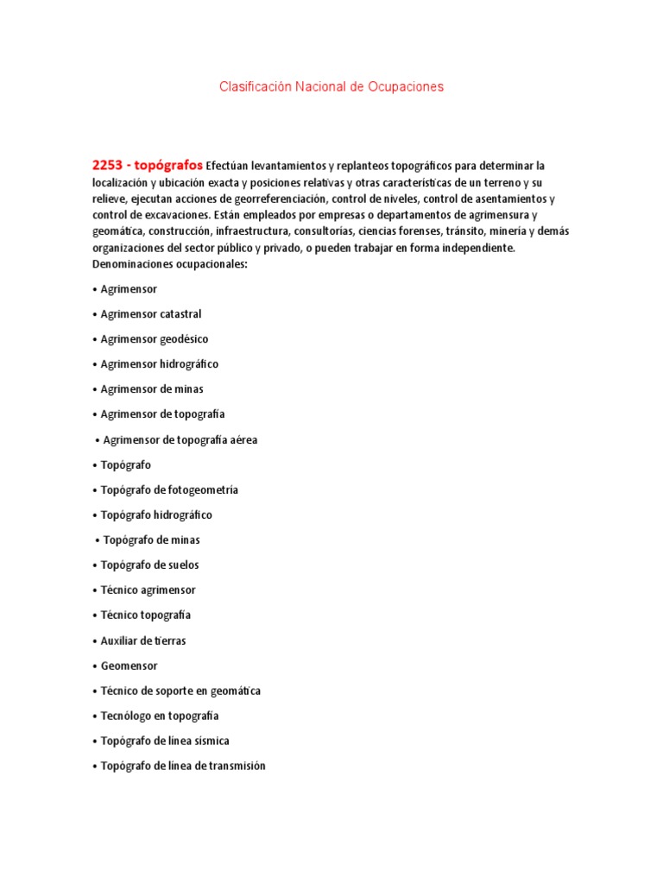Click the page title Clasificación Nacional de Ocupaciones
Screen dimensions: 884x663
coord(331,87)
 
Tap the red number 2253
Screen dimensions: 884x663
coord(110,165)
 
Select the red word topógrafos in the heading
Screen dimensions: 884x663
coord(171,165)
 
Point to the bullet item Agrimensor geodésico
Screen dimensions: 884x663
coord(154,339)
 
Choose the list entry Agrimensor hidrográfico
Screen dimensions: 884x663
coord(159,364)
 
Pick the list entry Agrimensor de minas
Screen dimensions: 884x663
coord(151,389)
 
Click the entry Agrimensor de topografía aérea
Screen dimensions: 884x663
coord(180,440)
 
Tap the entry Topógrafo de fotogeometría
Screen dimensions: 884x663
coord(169,490)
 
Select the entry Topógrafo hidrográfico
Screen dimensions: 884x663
coord(155,515)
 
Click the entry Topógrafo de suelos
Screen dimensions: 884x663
coord(149,565)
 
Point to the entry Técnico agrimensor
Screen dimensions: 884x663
coord(148,590)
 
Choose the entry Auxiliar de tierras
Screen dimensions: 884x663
coord(142,641)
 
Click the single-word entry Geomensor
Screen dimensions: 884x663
coord(129,666)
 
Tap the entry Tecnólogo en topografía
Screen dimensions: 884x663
coord(159,716)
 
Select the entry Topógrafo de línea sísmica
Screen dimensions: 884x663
coord(164,741)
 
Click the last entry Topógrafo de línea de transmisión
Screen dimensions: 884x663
coord(183,766)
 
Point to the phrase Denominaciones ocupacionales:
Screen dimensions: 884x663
coord(169,264)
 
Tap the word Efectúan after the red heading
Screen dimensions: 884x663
coord(231,166)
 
